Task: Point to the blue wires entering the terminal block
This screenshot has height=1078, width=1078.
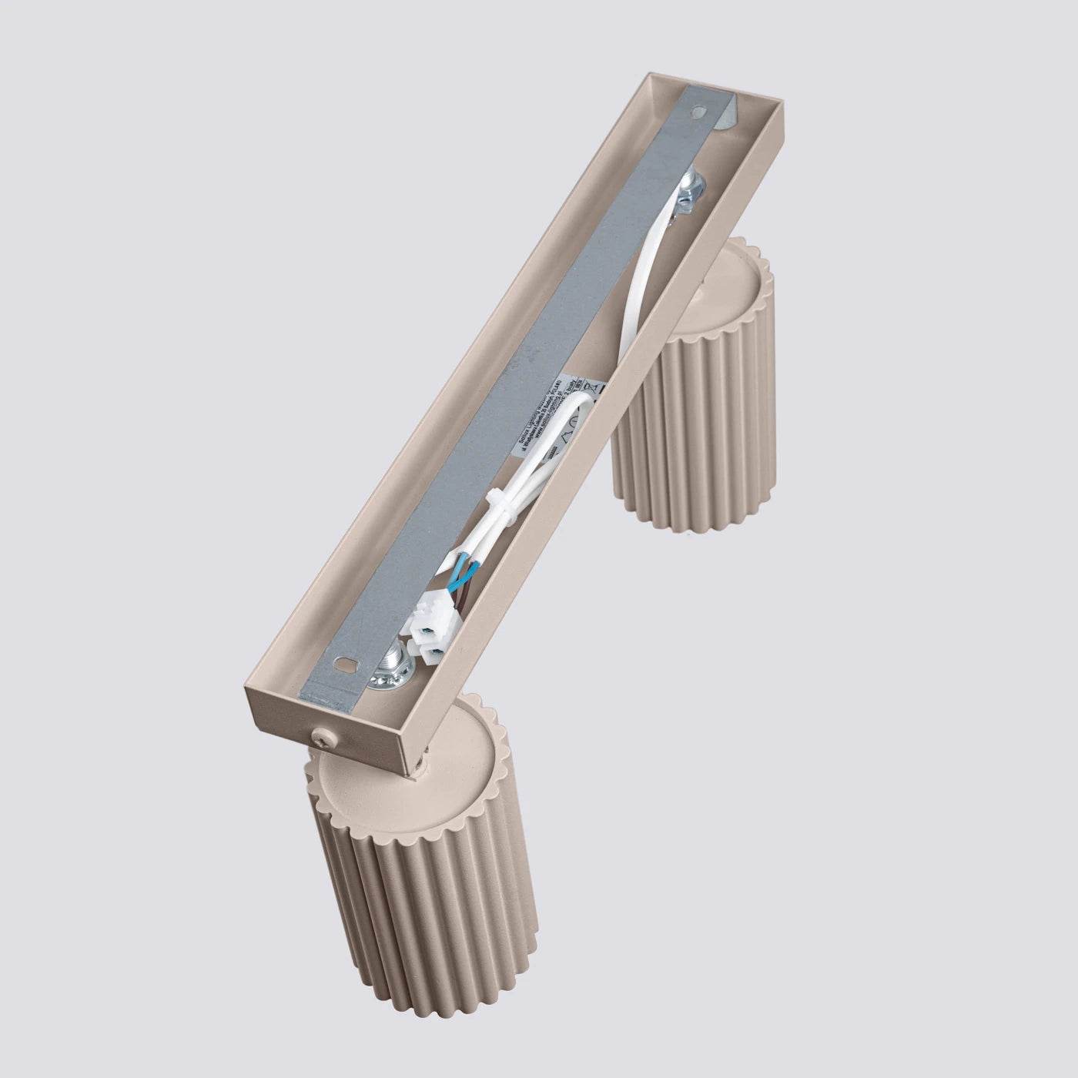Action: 463,571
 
